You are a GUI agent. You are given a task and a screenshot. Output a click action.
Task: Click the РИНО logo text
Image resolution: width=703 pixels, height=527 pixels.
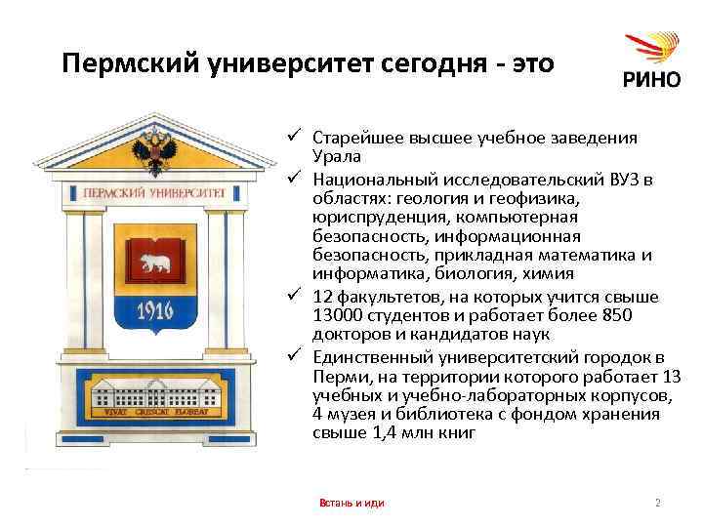click(651, 80)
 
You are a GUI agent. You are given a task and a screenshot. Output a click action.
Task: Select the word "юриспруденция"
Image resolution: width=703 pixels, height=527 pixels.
click(370, 216)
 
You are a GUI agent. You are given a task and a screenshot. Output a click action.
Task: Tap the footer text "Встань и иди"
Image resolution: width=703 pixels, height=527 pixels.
click(351, 503)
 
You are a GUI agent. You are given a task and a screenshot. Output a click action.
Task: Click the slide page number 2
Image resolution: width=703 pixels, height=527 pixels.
click(658, 503)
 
